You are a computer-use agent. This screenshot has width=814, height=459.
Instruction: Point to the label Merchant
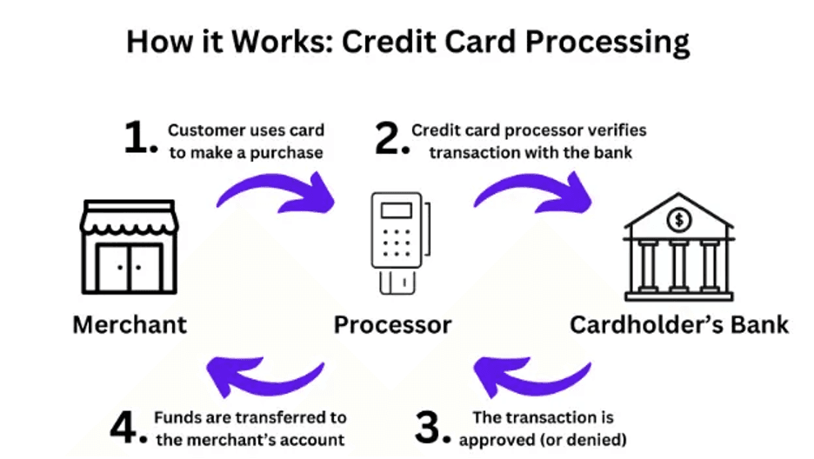tap(130, 325)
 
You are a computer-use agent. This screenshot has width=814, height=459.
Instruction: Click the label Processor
tap(393, 325)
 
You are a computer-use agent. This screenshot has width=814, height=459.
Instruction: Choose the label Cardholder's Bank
tap(679, 325)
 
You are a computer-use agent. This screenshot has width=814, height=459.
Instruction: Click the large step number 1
tap(139, 140)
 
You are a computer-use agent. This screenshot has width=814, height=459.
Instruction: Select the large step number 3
tap(435, 427)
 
